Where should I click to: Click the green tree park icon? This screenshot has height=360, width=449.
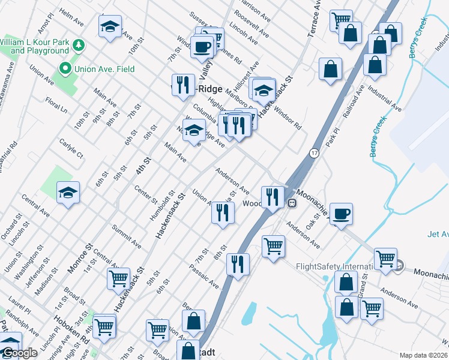pos(77,46)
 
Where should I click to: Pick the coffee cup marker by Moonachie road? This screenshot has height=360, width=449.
pos(341,214)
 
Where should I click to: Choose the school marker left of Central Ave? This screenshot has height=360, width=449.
pos(68,193)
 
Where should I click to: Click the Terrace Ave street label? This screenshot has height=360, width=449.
pos(315,19)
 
